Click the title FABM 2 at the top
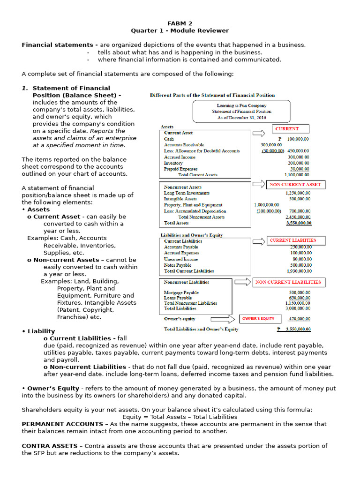pos(180,23)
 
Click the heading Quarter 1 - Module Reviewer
pos(180,30)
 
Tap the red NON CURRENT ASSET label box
pos(295,185)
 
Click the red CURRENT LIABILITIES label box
pos(293,240)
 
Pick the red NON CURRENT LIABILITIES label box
pos(288,282)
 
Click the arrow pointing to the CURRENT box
pos(259,133)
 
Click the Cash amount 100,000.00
pos(298,139)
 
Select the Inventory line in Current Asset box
pos(173,163)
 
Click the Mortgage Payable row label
pos(181,292)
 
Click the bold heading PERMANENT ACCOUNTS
pos(63,424)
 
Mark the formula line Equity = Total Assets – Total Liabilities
pos(180,417)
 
